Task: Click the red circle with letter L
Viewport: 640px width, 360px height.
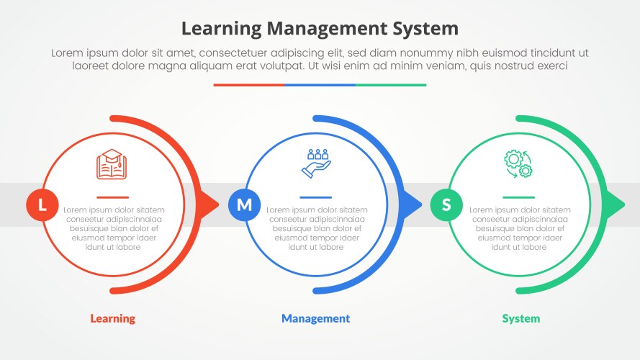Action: (x=42, y=205)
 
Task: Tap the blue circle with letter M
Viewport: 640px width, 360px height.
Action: (x=245, y=205)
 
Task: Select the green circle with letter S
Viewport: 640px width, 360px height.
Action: (x=446, y=205)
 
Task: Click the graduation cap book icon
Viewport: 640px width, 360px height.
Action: (x=112, y=164)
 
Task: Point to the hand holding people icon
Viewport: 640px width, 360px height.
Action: (x=316, y=163)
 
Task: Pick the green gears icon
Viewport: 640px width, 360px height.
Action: (x=518, y=163)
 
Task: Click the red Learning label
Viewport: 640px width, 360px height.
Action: (x=112, y=318)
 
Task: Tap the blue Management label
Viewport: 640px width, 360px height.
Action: (x=315, y=318)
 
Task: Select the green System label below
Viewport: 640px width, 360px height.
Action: (x=520, y=318)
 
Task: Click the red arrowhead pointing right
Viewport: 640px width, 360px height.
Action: (x=209, y=204)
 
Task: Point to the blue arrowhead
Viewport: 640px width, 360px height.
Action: (x=412, y=204)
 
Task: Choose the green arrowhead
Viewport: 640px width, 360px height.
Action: (x=615, y=204)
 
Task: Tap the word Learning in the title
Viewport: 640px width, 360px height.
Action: (x=221, y=29)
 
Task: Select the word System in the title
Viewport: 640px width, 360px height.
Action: (x=425, y=29)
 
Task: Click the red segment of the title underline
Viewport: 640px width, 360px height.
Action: (x=248, y=85)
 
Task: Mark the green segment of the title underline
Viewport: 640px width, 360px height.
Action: (x=391, y=85)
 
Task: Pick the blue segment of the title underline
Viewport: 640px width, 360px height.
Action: (x=320, y=85)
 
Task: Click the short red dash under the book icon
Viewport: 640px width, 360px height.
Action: (x=113, y=197)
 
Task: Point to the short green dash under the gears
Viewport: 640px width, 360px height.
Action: (x=519, y=197)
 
